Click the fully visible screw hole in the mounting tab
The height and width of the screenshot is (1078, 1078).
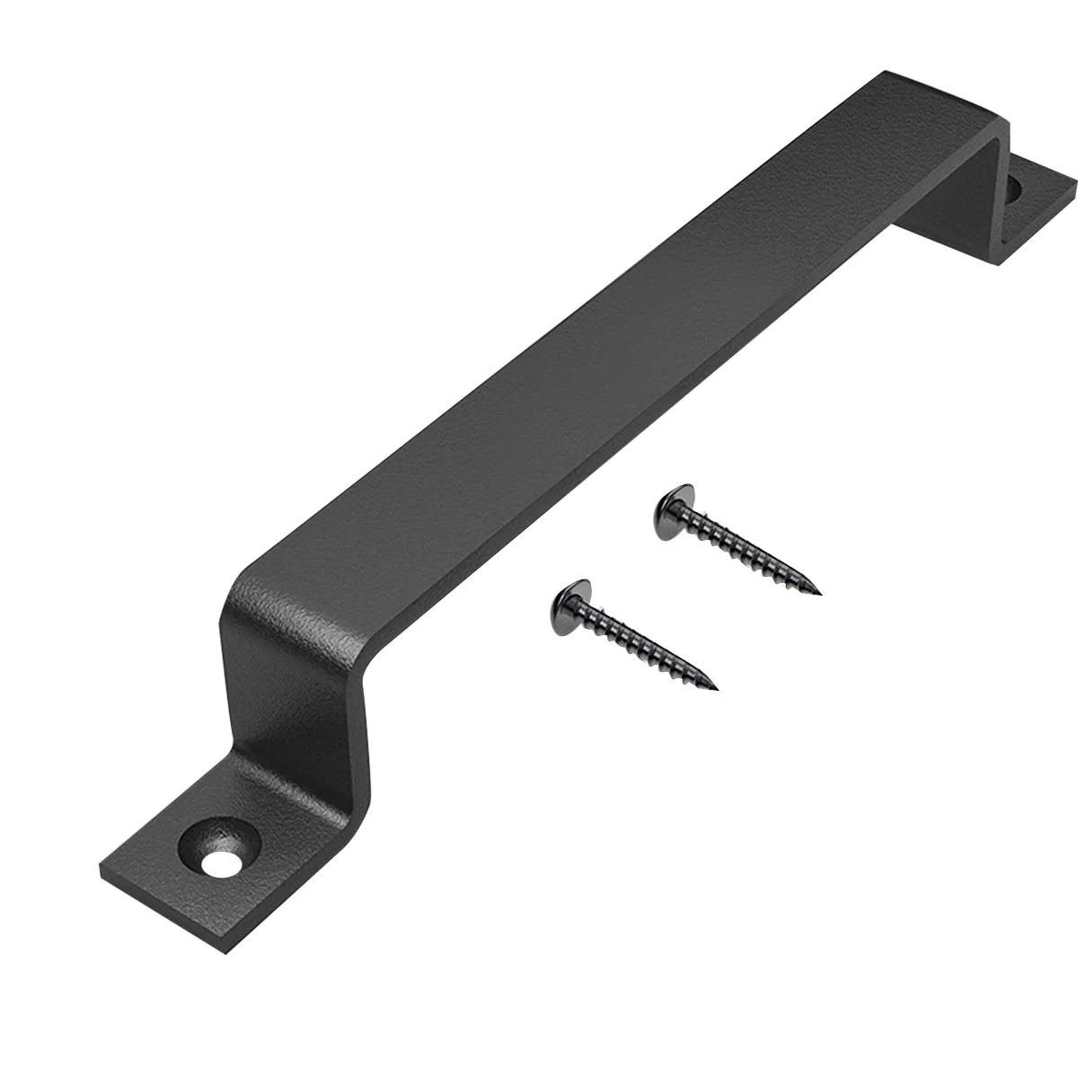tap(217, 864)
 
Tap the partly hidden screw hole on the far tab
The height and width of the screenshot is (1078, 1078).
tap(1014, 190)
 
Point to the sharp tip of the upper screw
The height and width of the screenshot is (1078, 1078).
tap(819, 593)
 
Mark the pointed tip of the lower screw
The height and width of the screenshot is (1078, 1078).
tap(717, 688)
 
